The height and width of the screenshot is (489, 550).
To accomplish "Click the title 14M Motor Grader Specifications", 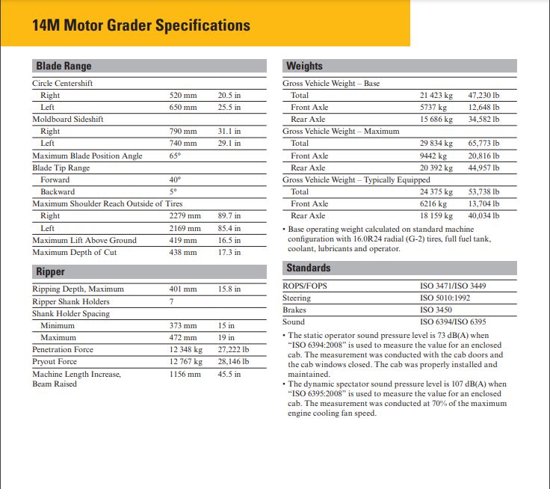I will pyautogui.click(x=141, y=25).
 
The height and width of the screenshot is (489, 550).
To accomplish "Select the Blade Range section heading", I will pyautogui.click(x=64, y=66).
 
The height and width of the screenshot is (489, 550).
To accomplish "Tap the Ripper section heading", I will pyautogui.click(x=51, y=272).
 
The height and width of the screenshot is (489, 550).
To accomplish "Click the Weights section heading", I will pyautogui.click(x=304, y=66).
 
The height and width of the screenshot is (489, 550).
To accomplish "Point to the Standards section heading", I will pyautogui.click(x=308, y=268).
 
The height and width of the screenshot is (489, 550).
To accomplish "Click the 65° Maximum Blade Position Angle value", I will pyautogui.click(x=176, y=156).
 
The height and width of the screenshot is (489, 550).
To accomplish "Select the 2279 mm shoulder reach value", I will pyautogui.click(x=184, y=216).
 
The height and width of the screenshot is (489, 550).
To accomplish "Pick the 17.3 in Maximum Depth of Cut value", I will pyautogui.click(x=229, y=252).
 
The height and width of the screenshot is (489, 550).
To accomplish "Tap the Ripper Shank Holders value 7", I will pyautogui.click(x=172, y=301).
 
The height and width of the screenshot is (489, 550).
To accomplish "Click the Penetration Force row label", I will pyautogui.click(x=63, y=349).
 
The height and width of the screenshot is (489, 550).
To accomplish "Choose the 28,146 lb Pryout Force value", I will pyautogui.click(x=233, y=361).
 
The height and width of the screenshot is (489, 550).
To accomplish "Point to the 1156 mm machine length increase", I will pyautogui.click(x=185, y=374).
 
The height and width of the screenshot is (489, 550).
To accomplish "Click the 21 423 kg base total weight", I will pyautogui.click(x=436, y=95).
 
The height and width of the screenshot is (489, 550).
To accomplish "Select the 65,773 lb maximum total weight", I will pyautogui.click(x=483, y=143).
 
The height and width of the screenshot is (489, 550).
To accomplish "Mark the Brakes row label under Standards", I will pyautogui.click(x=294, y=310).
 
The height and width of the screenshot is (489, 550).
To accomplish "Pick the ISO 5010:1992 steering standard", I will pyautogui.click(x=446, y=298).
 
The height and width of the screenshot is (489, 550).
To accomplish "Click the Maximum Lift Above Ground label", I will pyautogui.click(x=84, y=240).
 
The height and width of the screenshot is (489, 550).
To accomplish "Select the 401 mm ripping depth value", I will pyautogui.click(x=183, y=289).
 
